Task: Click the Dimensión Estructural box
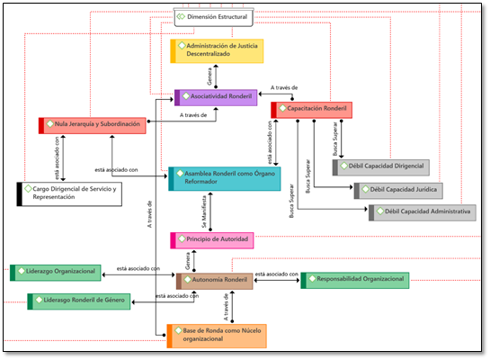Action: tap(213, 17)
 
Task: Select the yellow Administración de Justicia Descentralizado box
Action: tap(217, 51)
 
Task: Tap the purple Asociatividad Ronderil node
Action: tap(216, 97)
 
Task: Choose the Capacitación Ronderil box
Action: tap(312, 110)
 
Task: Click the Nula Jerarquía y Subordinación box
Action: tap(93, 125)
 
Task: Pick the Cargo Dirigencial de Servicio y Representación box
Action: tap(69, 194)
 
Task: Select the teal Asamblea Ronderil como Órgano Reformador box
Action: tap(225, 178)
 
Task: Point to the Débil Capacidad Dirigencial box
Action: tap(381, 167)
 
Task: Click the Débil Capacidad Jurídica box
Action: tap(398, 191)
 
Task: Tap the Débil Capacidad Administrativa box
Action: tap(423, 212)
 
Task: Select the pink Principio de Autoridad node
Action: tap(212, 240)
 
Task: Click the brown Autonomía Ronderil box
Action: tap(214, 281)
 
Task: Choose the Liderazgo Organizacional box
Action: tap(56, 273)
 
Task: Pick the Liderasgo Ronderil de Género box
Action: tap(79, 301)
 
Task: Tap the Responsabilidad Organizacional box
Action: tap(355, 280)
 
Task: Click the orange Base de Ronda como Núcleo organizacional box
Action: tap(217, 336)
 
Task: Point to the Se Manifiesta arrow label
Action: tap(204, 211)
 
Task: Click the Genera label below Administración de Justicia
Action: tap(209, 76)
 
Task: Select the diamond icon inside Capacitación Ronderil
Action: tap(283, 108)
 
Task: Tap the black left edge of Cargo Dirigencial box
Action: tap(20, 194)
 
